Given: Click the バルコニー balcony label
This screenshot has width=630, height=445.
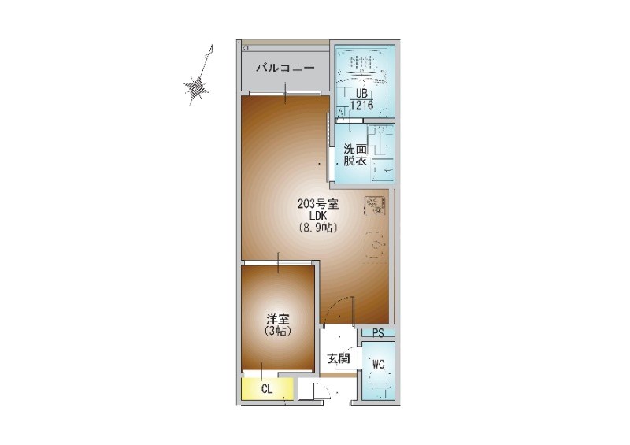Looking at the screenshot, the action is pyautogui.click(x=285, y=68).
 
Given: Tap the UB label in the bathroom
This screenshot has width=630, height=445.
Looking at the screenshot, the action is pyautogui.click(x=361, y=94).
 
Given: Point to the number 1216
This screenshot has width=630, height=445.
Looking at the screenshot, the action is pyautogui.click(x=361, y=106).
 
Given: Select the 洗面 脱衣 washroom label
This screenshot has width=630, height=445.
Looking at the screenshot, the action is pyautogui.click(x=355, y=155).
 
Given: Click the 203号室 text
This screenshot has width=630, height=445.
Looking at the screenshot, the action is pyautogui.click(x=318, y=204).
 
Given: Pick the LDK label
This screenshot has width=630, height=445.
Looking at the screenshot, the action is pyautogui.click(x=318, y=217).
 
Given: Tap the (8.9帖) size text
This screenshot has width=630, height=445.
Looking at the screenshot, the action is pyautogui.click(x=318, y=228).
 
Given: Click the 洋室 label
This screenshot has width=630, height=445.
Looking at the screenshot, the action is pyautogui.click(x=278, y=320).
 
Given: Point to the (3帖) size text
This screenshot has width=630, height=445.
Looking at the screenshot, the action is pyautogui.click(x=278, y=332).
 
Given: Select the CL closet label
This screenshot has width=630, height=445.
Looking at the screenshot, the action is pyautogui.click(x=267, y=389).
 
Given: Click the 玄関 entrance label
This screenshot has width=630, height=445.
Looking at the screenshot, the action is pyautogui.click(x=339, y=358).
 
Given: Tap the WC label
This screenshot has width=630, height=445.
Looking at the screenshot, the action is pyautogui.click(x=378, y=365).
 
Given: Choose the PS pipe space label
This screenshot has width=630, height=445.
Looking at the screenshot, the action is pyautogui.click(x=378, y=333).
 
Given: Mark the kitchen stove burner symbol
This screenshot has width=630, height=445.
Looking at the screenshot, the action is pyautogui.click(x=376, y=206).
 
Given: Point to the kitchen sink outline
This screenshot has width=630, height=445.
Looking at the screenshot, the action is pyautogui.click(x=376, y=245).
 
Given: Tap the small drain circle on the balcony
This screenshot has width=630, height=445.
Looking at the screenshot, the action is pyautogui.click(x=246, y=48).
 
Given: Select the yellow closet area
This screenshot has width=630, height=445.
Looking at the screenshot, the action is pyautogui.click(x=267, y=389).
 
